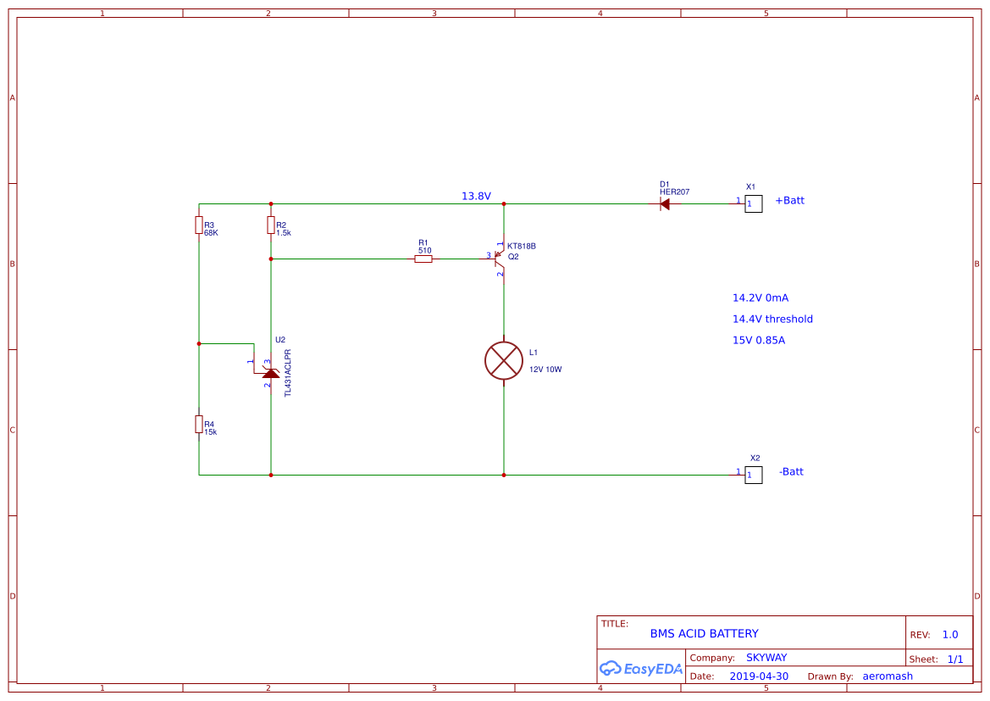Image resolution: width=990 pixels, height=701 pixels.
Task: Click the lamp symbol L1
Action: [x=504, y=361]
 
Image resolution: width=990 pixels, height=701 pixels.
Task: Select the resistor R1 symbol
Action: [x=423, y=259]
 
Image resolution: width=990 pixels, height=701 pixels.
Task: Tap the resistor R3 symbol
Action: [x=199, y=225]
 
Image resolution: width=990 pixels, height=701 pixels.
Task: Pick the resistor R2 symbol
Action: [x=271, y=225]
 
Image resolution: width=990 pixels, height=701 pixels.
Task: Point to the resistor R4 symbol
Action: [x=199, y=424]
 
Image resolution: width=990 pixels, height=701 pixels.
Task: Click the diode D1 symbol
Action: [x=664, y=204]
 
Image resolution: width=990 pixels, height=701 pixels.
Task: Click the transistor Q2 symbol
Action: [x=500, y=259]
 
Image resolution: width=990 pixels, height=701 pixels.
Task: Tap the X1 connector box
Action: [x=753, y=203]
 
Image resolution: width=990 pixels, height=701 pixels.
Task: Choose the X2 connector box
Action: [x=753, y=475]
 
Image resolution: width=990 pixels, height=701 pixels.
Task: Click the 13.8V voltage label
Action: [x=476, y=196]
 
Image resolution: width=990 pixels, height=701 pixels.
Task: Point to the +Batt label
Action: [x=790, y=200]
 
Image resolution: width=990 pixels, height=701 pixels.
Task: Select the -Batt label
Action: [x=791, y=471]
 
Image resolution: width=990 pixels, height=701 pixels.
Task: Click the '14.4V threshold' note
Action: [x=772, y=320]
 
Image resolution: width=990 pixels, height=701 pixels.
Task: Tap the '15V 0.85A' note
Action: [x=758, y=340]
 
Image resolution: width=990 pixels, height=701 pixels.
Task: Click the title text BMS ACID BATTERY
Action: [x=704, y=633]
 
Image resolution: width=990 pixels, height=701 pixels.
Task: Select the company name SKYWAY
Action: [x=766, y=658]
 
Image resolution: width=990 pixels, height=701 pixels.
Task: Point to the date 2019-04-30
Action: [x=759, y=676]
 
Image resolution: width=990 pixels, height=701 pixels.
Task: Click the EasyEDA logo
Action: [x=641, y=668]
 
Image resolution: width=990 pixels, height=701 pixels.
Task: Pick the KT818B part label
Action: [x=522, y=246]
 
